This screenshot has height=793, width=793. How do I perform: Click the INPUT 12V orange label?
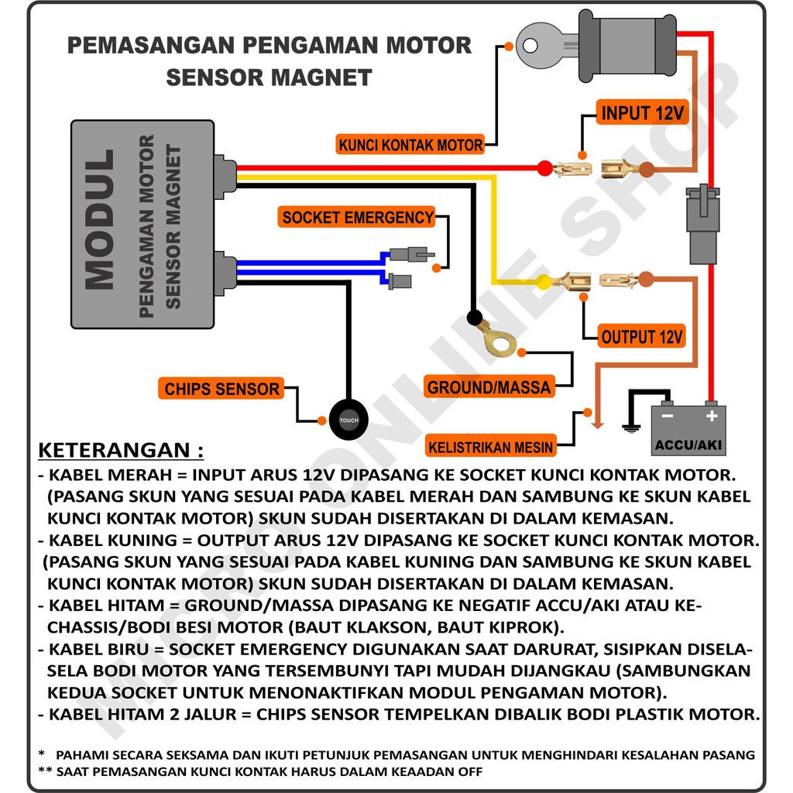[x=642, y=113]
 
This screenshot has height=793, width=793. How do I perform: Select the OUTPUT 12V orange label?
[x=643, y=337]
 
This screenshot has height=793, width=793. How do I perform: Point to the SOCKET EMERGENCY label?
[x=358, y=218]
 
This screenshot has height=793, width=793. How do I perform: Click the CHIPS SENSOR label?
[x=221, y=389]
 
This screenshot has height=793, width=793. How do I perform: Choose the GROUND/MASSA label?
[x=489, y=386]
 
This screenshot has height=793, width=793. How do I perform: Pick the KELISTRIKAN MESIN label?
[x=491, y=447]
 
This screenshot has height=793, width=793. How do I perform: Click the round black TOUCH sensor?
[x=348, y=421]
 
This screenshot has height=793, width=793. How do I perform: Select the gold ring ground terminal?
[x=493, y=341]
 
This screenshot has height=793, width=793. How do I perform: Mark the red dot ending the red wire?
[x=544, y=168]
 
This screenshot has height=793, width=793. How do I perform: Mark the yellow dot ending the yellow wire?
[x=544, y=283]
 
